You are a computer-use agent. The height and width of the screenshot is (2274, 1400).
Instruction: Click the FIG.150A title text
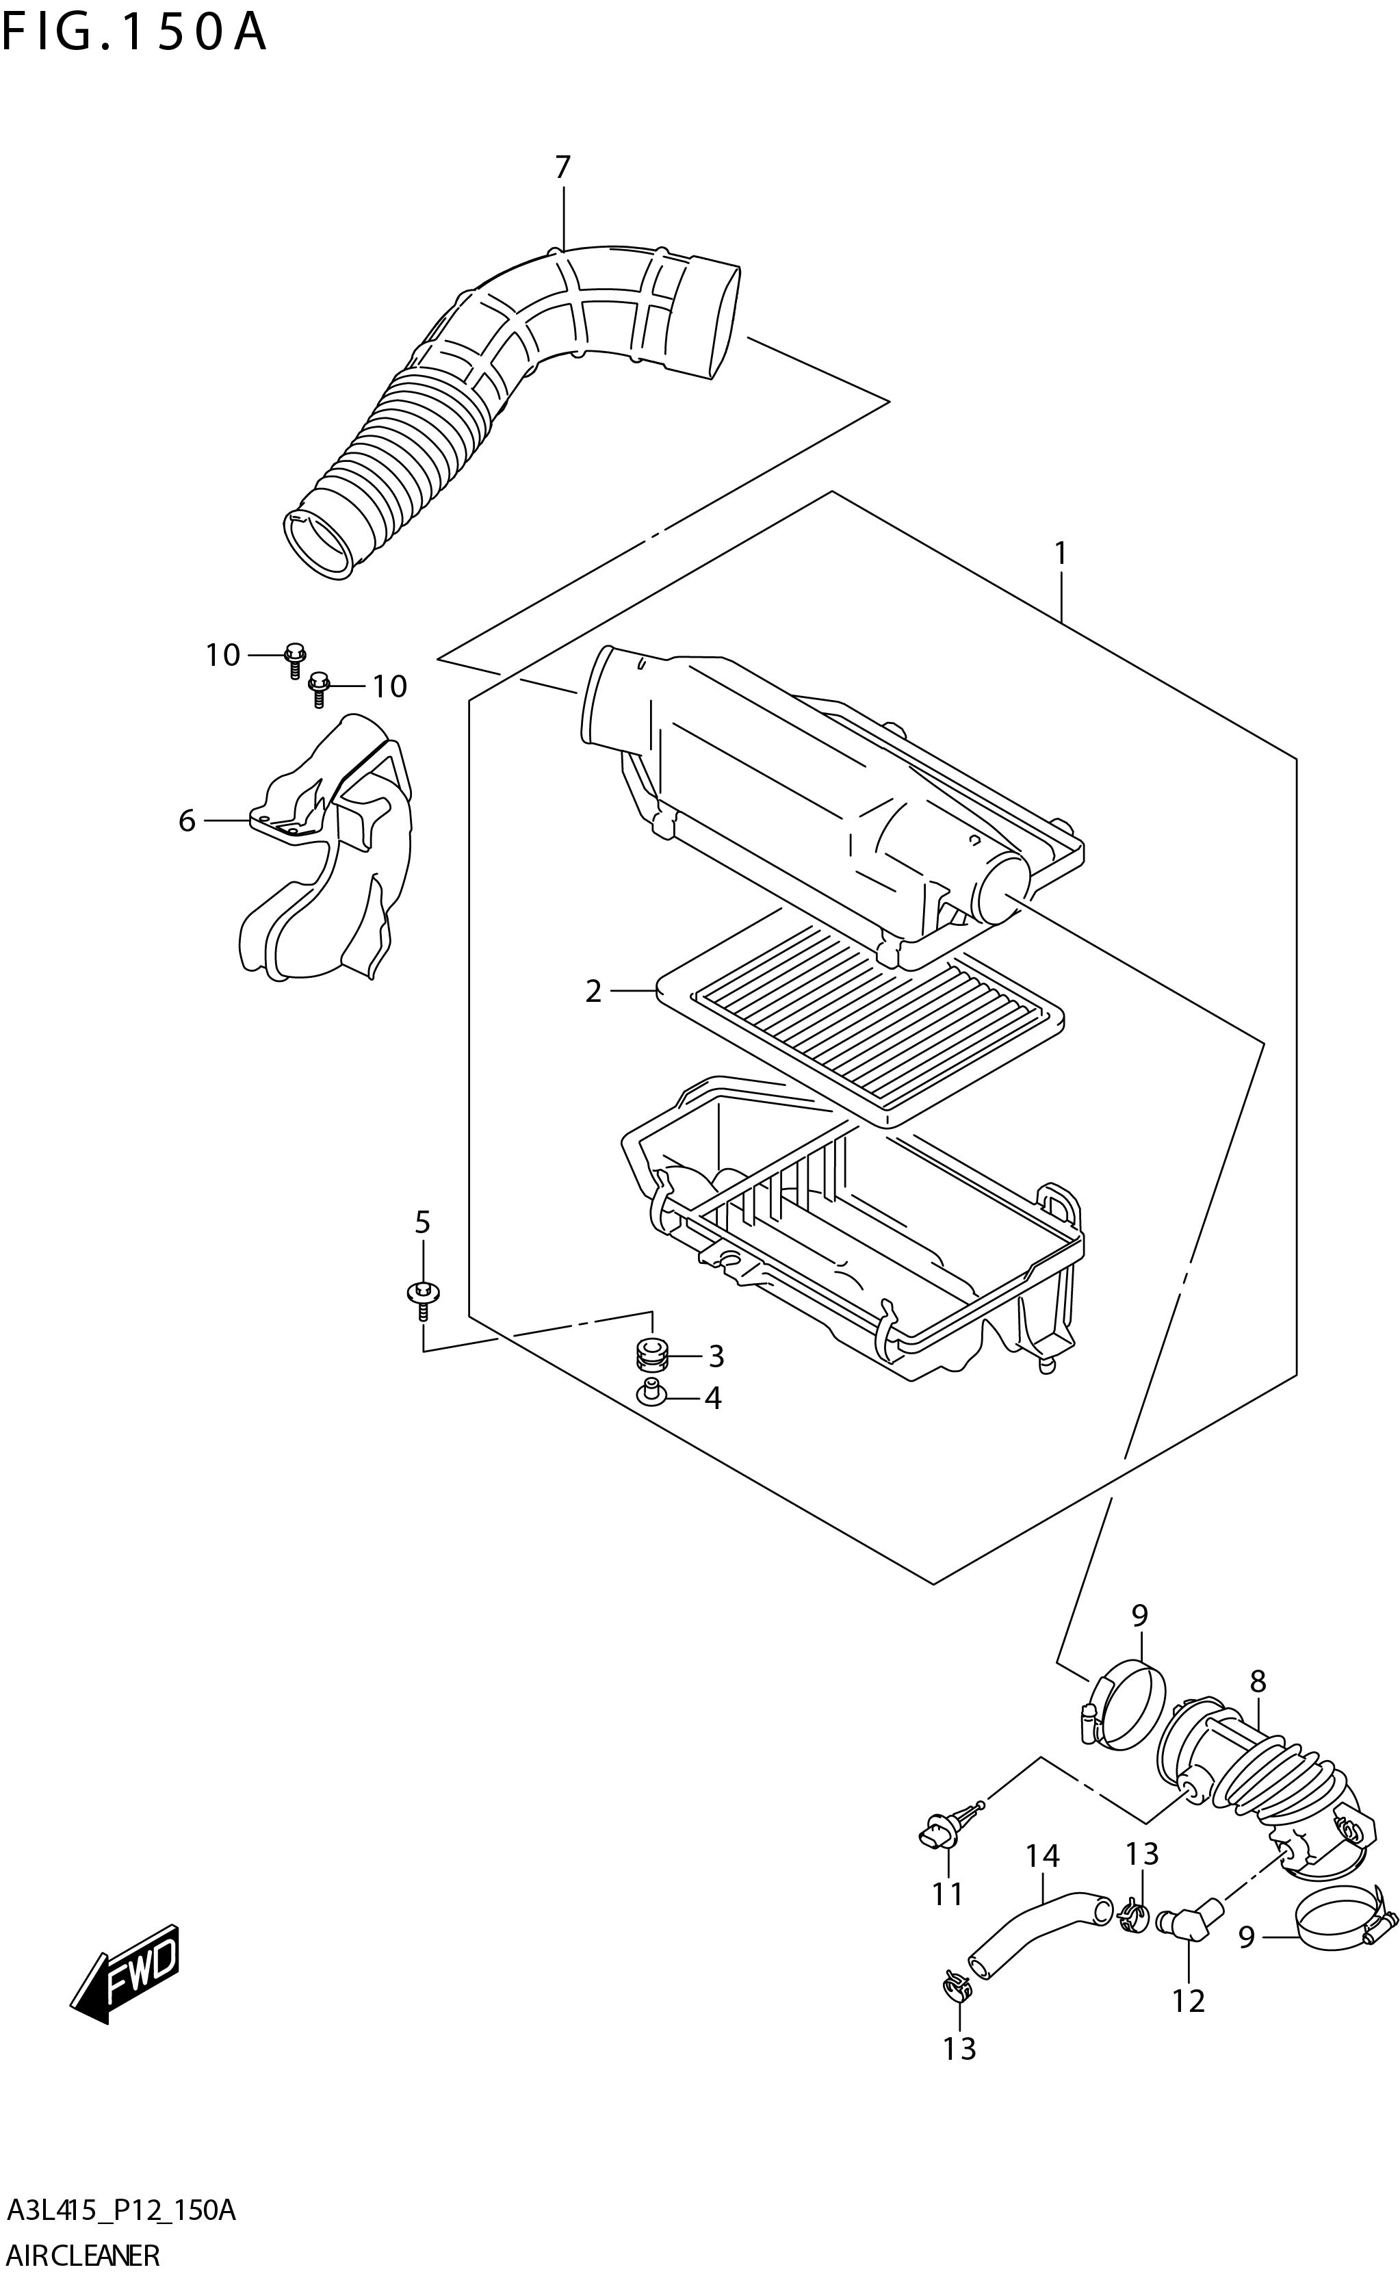click(134, 34)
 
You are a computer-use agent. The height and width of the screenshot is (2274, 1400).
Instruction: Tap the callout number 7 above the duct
click(562, 168)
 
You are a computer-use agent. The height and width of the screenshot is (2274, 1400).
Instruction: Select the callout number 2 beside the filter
click(593, 992)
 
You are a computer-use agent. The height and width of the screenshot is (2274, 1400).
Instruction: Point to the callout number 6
click(187, 821)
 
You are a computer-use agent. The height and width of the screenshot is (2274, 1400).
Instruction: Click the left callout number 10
click(222, 656)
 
